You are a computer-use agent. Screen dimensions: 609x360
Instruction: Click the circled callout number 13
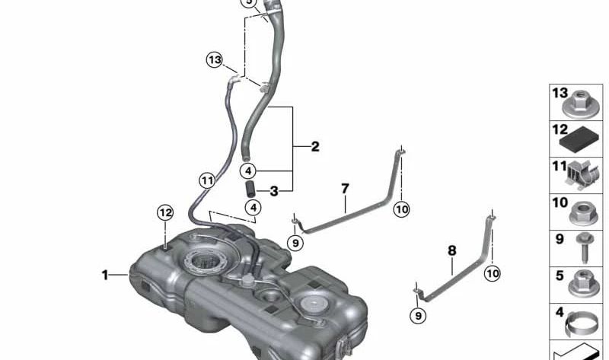pos(214,60)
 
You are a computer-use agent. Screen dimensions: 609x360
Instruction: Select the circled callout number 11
pos(207,180)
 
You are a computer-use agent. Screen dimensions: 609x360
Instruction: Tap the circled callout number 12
pos(165,213)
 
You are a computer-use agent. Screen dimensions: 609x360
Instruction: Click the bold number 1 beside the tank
pos(104,275)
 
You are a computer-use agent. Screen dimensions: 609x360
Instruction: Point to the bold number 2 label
pos(315,146)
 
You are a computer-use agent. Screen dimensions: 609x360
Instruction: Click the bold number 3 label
pos(274,191)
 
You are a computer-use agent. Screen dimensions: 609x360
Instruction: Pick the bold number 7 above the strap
pos(345,189)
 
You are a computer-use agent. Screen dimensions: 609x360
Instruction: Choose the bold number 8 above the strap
pos(451,250)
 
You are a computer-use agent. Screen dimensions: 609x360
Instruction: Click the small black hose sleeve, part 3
pos(249,189)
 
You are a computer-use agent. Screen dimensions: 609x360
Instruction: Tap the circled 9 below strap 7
pos(295,243)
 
